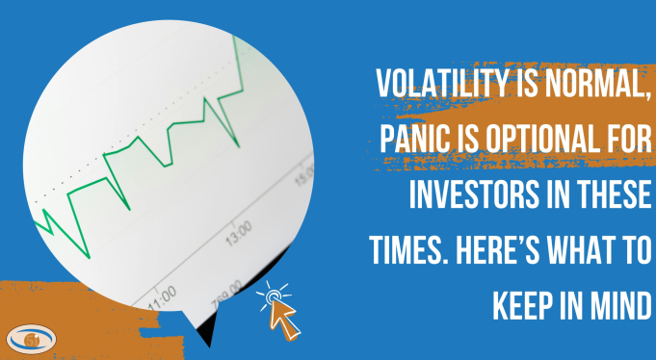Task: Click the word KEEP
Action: [527, 302]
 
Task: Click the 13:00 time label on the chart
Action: [237, 230]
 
